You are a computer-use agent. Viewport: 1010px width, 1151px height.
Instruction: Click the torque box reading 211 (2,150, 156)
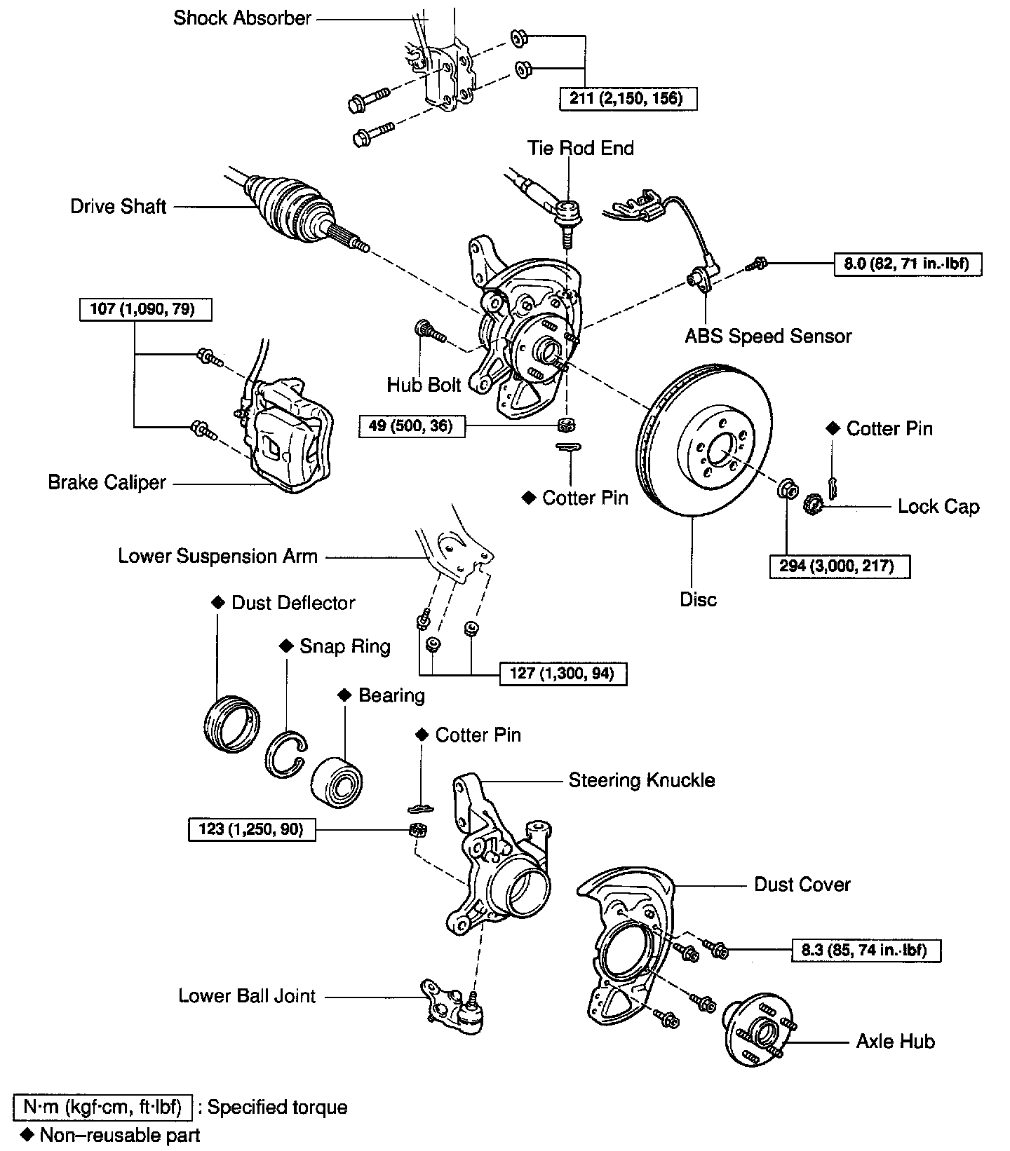(629, 97)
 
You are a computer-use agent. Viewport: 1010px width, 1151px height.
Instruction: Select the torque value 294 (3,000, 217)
(840, 566)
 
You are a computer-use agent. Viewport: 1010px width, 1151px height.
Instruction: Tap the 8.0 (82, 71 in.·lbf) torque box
(908, 264)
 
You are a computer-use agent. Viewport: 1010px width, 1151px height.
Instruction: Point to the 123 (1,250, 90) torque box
(252, 829)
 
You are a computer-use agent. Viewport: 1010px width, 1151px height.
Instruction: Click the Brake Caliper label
(107, 482)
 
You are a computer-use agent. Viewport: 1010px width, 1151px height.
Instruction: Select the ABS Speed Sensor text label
(768, 336)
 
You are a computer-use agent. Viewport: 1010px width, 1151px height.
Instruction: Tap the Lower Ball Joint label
(247, 995)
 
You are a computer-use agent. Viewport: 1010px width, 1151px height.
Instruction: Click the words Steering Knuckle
(641, 780)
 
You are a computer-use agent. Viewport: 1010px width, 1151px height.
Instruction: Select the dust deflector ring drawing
(230, 724)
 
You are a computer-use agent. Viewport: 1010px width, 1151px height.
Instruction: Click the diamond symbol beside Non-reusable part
(28, 1134)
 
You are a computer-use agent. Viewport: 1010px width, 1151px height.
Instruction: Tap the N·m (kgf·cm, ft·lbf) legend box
(102, 1107)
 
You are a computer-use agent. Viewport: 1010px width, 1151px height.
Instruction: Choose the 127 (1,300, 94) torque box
(563, 674)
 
